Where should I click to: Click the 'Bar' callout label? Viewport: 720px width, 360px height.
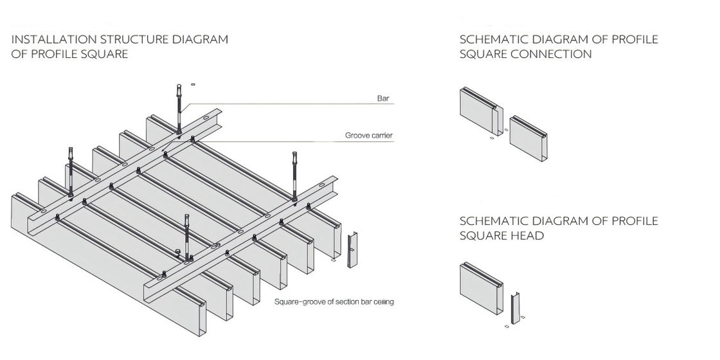coord(384,99)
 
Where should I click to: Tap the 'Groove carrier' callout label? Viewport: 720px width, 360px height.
coord(368,136)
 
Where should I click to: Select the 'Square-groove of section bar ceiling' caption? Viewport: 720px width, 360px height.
coord(333,301)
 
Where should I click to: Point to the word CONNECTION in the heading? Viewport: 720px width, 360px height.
coord(551,54)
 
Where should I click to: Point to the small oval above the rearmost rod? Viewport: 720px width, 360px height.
coord(192,83)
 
